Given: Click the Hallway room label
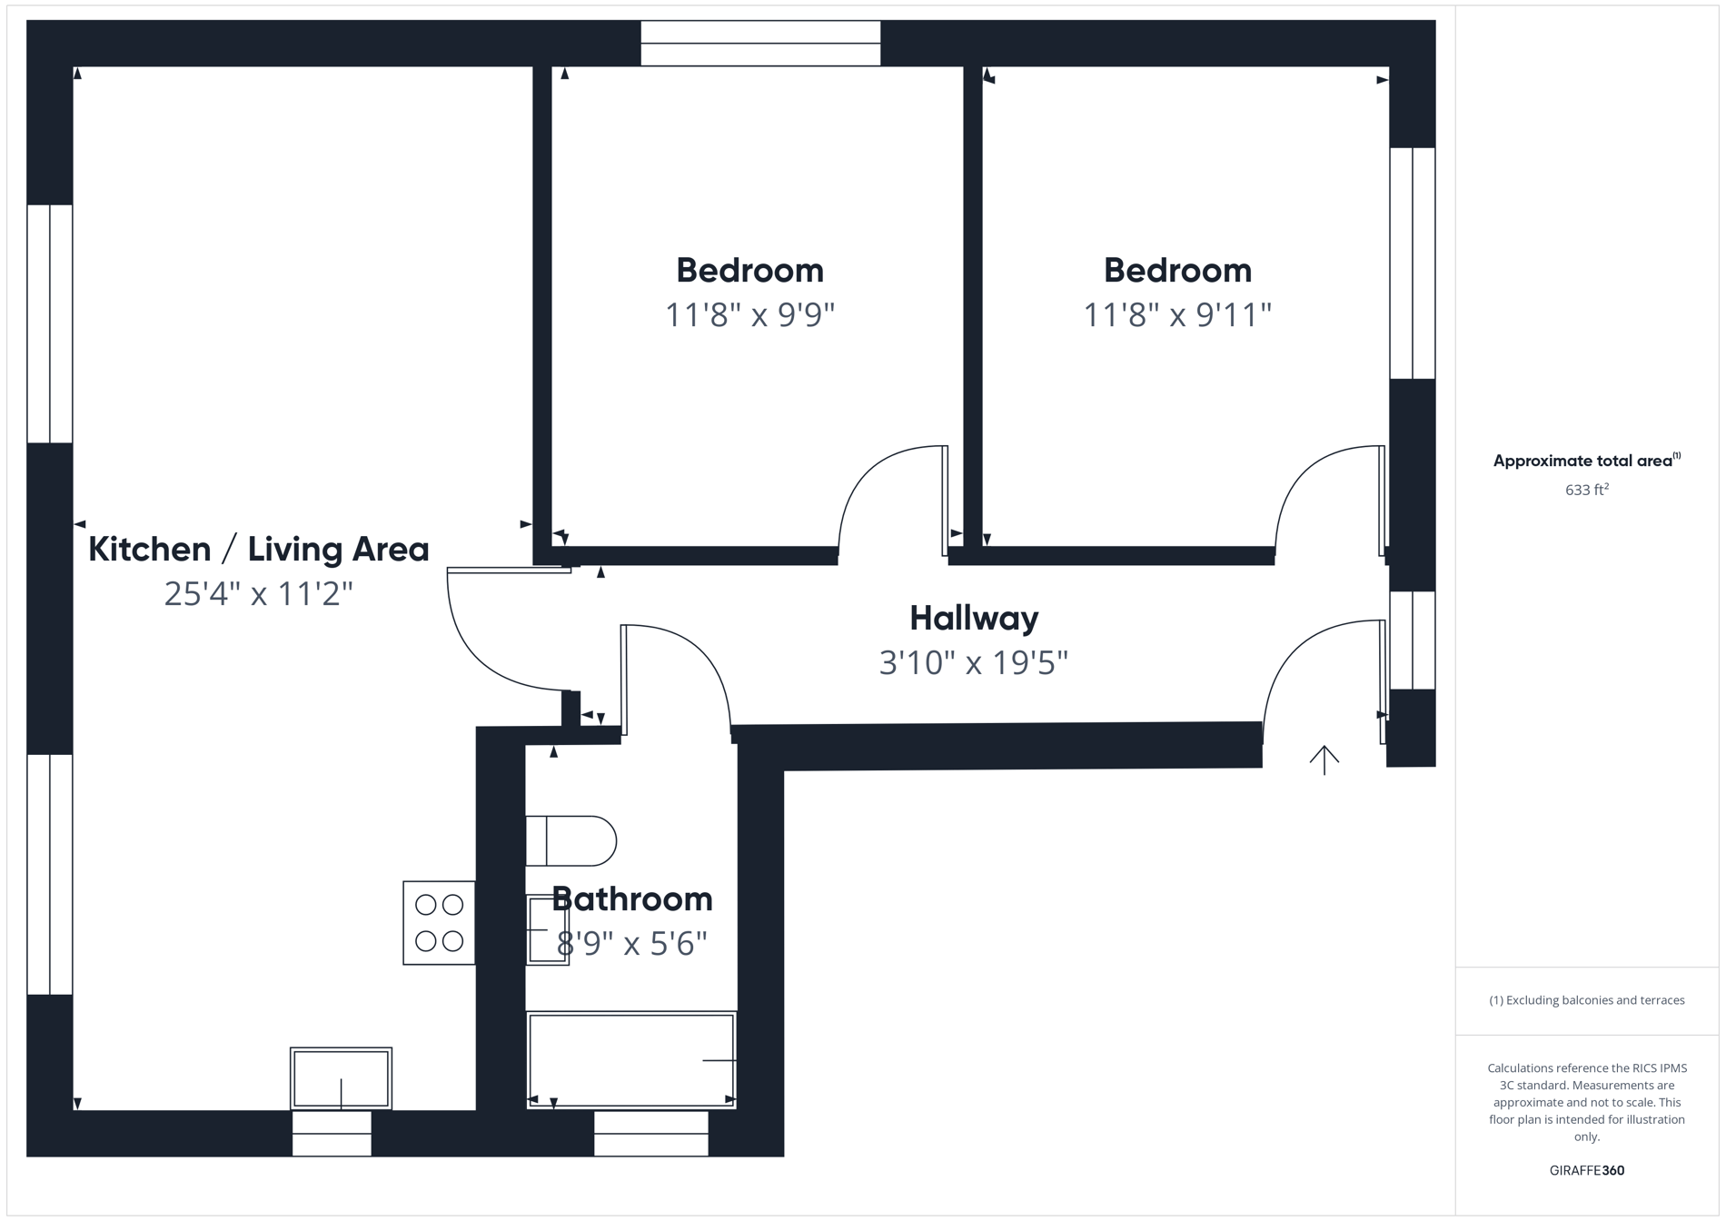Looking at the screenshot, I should (x=973, y=619).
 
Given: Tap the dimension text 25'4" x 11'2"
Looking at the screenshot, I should (x=258, y=594).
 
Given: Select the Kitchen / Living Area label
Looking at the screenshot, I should (x=258, y=550).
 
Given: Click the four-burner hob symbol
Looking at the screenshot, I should (x=439, y=923).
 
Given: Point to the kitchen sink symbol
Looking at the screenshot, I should (x=341, y=1078).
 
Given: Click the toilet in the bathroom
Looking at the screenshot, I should (x=570, y=841).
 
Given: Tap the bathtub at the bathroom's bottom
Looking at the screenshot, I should (x=631, y=1060).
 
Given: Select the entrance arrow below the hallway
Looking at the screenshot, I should (x=1324, y=759).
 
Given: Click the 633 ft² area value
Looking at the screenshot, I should (x=1586, y=490).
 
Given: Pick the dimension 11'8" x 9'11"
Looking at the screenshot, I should (x=1176, y=315).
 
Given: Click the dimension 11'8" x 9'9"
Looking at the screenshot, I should (x=749, y=315).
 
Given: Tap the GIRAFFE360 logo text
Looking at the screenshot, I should (x=1586, y=1170).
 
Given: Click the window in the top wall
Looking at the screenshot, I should (x=760, y=44).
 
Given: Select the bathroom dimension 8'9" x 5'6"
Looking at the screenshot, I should (x=631, y=944).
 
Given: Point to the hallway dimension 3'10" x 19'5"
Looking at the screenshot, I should (x=973, y=663).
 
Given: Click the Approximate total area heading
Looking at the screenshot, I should (x=1586, y=461).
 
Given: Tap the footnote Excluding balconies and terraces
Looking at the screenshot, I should (x=1586, y=1000).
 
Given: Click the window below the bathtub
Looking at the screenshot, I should (x=650, y=1133).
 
